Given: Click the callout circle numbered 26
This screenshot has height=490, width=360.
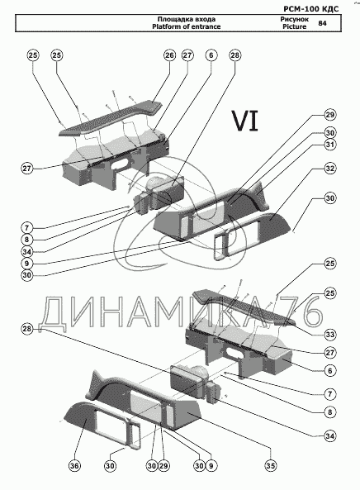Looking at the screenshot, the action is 169,55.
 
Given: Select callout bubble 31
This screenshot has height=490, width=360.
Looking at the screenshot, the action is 330,145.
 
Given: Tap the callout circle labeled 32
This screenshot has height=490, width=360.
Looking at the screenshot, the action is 330,169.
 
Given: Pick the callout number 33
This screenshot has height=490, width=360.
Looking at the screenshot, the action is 330,335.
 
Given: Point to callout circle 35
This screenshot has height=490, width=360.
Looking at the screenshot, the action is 271,466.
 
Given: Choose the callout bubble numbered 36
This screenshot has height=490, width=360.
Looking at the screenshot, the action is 74,466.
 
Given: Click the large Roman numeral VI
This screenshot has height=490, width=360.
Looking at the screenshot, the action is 244,121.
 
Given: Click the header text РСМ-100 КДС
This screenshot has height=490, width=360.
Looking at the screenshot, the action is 311,8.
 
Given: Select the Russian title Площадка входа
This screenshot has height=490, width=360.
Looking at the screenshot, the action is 186,19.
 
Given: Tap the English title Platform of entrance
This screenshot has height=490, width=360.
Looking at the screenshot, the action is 186,26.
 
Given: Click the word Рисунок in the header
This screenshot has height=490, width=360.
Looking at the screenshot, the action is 295,19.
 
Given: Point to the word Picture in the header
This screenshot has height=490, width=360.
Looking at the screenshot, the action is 295,26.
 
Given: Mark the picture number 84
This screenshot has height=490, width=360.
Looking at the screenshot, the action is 322,23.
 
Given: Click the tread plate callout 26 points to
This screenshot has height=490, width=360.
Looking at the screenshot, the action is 111,118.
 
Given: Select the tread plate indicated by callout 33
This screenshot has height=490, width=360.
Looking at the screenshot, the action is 244,307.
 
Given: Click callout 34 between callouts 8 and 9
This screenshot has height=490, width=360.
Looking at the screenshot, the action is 27,251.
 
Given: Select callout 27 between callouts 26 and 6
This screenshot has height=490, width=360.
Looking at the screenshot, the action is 187,55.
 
